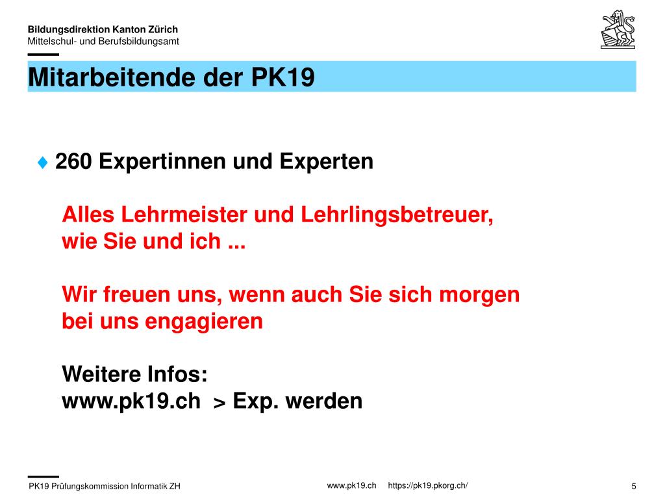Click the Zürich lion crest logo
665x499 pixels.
[x=618, y=29]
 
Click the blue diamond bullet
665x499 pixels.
[x=42, y=162]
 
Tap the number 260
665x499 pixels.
[x=73, y=161]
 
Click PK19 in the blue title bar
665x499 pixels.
[x=283, y=77]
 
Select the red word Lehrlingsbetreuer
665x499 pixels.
[x=397, y=215]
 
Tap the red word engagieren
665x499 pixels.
[x=204, y=322]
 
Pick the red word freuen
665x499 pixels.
[x=136, y=294]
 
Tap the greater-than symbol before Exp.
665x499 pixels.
[x=220, y=403]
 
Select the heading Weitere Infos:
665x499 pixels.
[x=135, y=374]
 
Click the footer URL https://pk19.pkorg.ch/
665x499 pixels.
[x=427, y=485]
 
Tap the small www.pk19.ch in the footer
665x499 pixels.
[x=351, y=485]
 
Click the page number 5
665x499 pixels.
[x=634, y=486]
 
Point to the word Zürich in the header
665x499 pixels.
[x=163, y=29]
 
